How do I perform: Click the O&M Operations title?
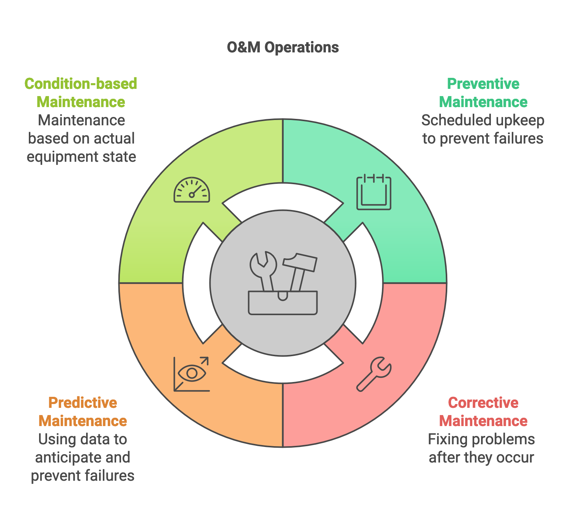pyautogui.click(x=283, y=47)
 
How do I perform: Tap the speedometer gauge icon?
pyautogui.click(x=192, y=189)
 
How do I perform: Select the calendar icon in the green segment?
pyautogui.click(x=374, y=192)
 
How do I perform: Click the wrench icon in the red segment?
pyautogui.click(x=374, y=374)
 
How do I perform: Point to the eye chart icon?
pyautogui.click(x=192, y=374)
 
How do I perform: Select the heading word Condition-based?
pyautogui.click(x=81, y=84)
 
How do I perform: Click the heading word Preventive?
pyautogui.click(x=483, y=84)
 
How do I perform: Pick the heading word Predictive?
pyautogui.click(x=83, y=403)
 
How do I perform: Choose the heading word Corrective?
pyautogui.click(x=483, y=403)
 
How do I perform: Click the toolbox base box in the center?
pyautogui.click(x=283, y=303)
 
